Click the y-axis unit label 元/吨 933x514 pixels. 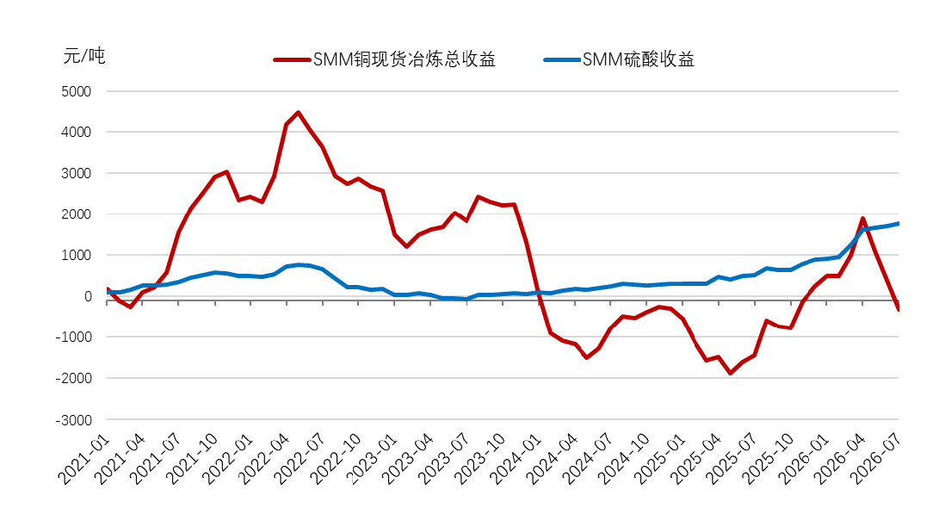(83, 56)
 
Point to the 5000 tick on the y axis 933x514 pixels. (76, 91)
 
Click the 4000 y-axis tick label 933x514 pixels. (76, 132)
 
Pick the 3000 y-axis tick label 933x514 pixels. (76, 173)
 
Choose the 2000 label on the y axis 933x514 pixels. (76, 214)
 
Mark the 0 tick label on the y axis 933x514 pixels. (88, 296)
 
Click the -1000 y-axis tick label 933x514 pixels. (74, 337)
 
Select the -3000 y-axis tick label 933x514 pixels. (74, 420)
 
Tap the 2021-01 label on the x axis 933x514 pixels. (83, 458)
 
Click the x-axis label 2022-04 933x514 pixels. (263, 458)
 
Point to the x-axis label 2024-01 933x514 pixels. (516, 458)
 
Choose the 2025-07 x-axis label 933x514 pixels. (732, 458)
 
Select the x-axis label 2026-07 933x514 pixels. (875, 458)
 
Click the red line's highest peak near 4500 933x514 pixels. (298, 113)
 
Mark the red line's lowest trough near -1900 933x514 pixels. (730, 373)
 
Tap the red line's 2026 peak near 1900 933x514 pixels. (862, 219)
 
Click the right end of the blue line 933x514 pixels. (898, 224)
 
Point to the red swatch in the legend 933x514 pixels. (292, 59)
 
